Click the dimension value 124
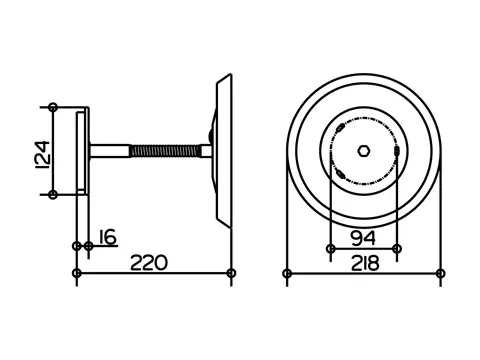[x=43, y=155]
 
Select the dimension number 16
[x=108, y=237]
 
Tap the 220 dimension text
[x=149, y=262]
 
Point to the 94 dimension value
[x=363, y=238]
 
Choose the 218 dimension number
[x=365, y=263]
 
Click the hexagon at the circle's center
[x=364, y=151]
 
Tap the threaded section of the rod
[x=165, y=151]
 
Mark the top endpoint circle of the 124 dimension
[x=53, y=107]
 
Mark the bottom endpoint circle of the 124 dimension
[x=53, y=194]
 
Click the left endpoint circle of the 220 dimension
[x=77, y=273]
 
